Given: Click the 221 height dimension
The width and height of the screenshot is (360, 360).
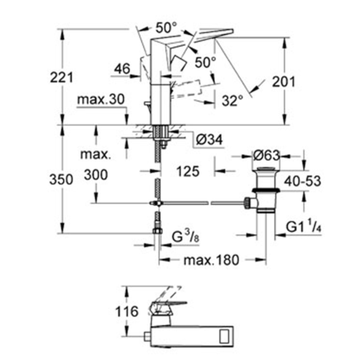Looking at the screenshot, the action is [x=61, y=78].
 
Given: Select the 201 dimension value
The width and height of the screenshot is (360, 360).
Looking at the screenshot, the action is [x=284, y=81].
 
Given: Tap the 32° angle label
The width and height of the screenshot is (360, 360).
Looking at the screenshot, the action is [x=233, y=100].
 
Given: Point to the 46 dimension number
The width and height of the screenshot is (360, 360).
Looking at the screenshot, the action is [x=122, y=69].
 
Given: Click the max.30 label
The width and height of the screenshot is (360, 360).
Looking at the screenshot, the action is [x=101, y=99].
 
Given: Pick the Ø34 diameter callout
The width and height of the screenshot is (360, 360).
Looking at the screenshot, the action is [x=209, y=140].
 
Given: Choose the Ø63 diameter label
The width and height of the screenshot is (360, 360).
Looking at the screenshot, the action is [x=267, y=156].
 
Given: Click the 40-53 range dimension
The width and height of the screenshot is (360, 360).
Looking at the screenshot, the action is [x=303, y=181].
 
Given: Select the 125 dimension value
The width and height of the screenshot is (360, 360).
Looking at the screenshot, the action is [x=188, y=172].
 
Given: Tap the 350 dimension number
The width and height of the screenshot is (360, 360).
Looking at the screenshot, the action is [x=61, y=180].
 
